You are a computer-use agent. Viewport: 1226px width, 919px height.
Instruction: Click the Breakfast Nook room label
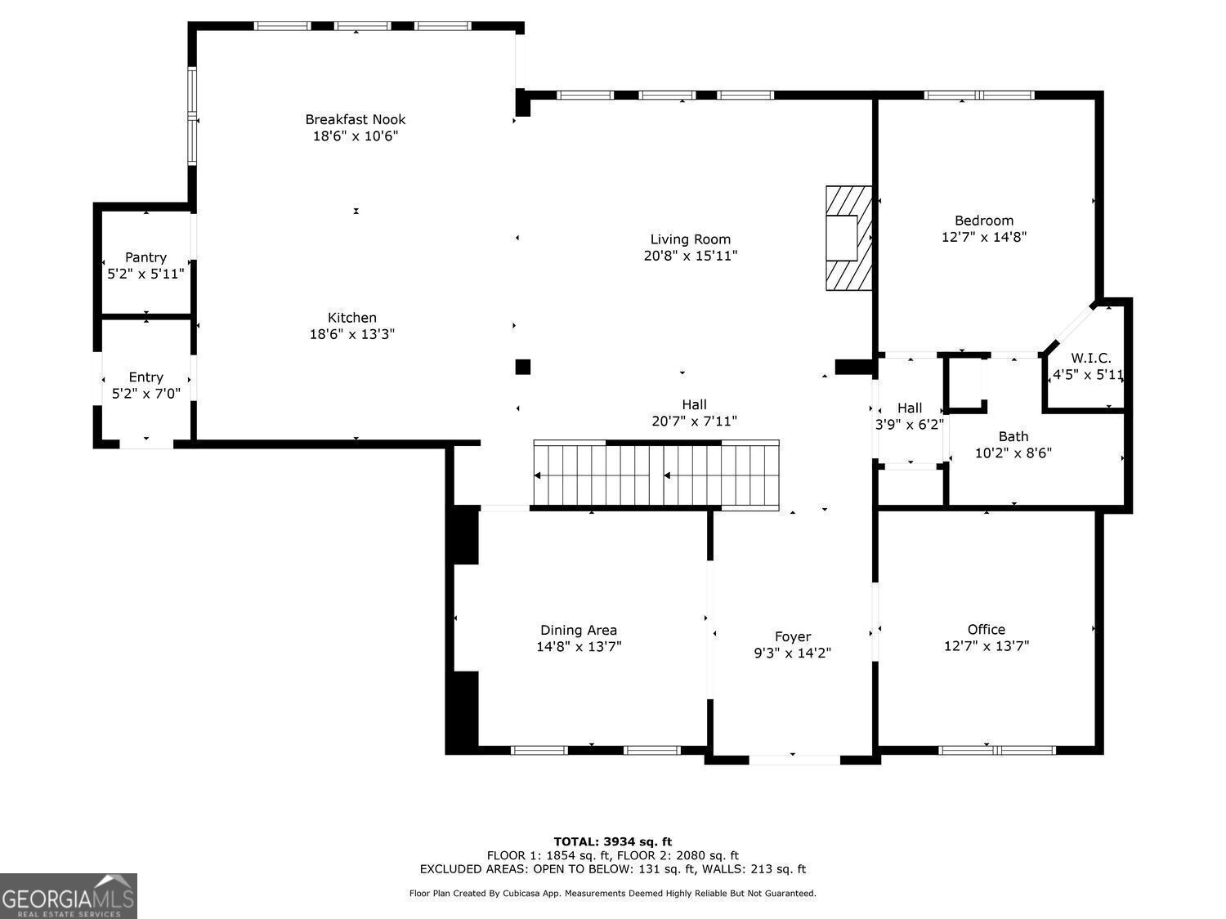tap(356, 119)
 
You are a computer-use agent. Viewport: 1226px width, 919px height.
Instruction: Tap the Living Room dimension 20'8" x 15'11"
tap(691, 256)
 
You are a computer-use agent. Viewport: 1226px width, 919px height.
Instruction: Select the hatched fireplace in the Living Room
tap(848, 238)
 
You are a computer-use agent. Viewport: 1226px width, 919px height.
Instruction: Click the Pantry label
tap(145, 257)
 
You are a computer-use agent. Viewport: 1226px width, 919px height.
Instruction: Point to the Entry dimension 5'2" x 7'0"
tap(145, 394)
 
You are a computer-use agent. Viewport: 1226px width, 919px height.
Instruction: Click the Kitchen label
tap(352, 318)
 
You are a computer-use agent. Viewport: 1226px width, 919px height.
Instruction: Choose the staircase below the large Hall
tap(656, 475)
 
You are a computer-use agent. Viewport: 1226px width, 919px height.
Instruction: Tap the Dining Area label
tap(579, 630)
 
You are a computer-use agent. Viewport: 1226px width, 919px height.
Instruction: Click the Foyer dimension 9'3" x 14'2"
tap(793, 653)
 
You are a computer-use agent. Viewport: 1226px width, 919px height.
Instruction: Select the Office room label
tap(986, 629)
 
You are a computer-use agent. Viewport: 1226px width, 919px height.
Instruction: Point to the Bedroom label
tap(984, 221)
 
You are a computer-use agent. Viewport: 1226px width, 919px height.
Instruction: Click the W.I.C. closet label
tap(1091, 359)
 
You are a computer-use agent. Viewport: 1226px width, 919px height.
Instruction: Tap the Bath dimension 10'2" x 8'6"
tap(1013, 453)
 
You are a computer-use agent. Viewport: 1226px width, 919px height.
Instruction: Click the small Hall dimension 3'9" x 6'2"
tap(910, 425)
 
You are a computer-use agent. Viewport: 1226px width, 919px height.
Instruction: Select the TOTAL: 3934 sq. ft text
tap(613, 841)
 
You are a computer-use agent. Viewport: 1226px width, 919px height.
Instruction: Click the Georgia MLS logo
tap(69, 896)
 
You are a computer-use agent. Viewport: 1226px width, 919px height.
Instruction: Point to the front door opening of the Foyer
tap(794, 760)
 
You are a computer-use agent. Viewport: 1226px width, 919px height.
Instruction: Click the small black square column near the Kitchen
tap(523, 367)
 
